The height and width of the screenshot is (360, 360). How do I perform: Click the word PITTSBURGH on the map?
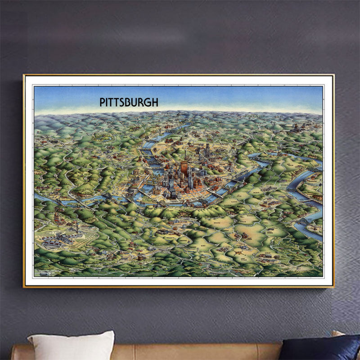click(x=129, y=102)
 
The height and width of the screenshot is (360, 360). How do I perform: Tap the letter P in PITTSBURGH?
click(x=102, y=102)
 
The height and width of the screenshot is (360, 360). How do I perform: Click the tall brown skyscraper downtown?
click(x=184, y=170)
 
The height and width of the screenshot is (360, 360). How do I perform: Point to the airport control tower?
click(x=77, y=229)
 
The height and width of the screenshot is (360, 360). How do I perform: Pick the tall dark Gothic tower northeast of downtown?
click(x=208, y=150)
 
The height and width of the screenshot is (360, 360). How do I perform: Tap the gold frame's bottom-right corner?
click(x=334, y=286)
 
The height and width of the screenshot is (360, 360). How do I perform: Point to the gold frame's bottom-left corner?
click(x=24, y=286)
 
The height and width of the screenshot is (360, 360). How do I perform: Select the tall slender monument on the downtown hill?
click(x=184, y=155)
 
